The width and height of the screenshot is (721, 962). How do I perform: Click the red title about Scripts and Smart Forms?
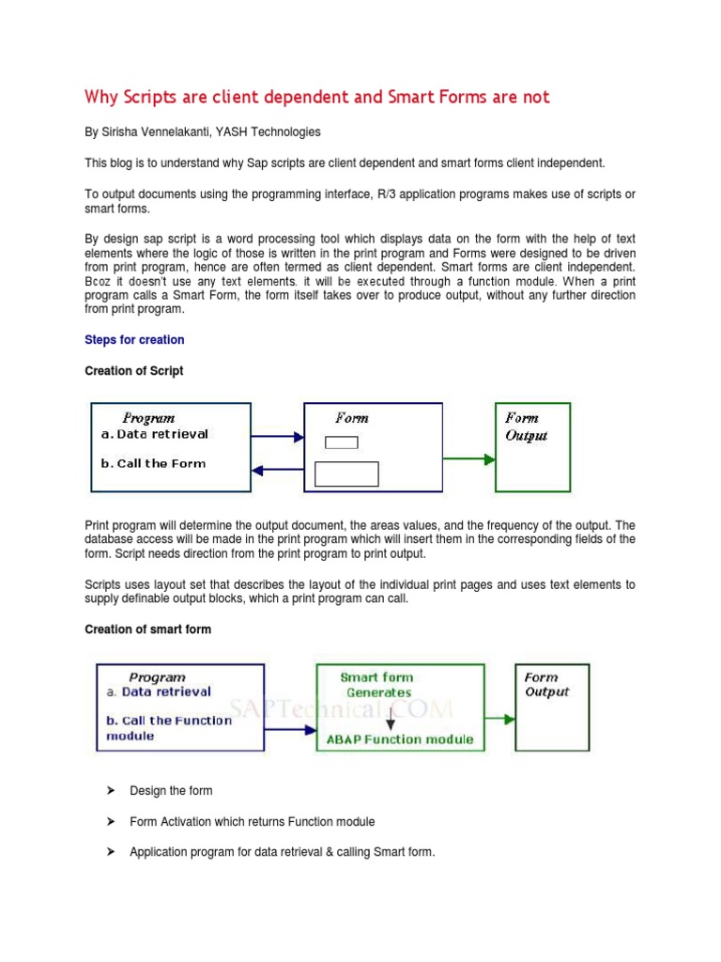tap(317, 97)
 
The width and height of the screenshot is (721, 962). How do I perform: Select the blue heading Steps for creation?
tap(134, 339)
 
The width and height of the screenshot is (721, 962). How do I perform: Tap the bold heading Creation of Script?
tap(134, 371)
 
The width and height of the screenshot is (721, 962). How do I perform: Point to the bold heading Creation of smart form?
tap(147, 629)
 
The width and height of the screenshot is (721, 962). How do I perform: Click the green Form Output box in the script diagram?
tap(532, 447)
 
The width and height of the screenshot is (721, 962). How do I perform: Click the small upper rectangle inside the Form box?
tap(341, 442)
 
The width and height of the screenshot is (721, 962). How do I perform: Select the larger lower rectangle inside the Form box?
tap(346, 473)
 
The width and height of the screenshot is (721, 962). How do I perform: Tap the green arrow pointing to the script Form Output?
tap(468, 459)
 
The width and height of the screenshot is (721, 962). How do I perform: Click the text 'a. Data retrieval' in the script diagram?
tap(154, 434)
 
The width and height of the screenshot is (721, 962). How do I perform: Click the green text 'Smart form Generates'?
tap(376, 685)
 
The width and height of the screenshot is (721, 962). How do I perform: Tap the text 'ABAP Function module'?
tap(399, 739)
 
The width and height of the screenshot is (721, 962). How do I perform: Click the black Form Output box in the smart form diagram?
tap(553, 706)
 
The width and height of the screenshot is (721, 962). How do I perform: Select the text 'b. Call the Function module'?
tap(167, 728)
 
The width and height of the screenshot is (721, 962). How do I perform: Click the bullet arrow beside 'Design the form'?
tap(109, 791)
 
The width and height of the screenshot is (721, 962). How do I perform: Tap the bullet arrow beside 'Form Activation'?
tap(109, 822)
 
